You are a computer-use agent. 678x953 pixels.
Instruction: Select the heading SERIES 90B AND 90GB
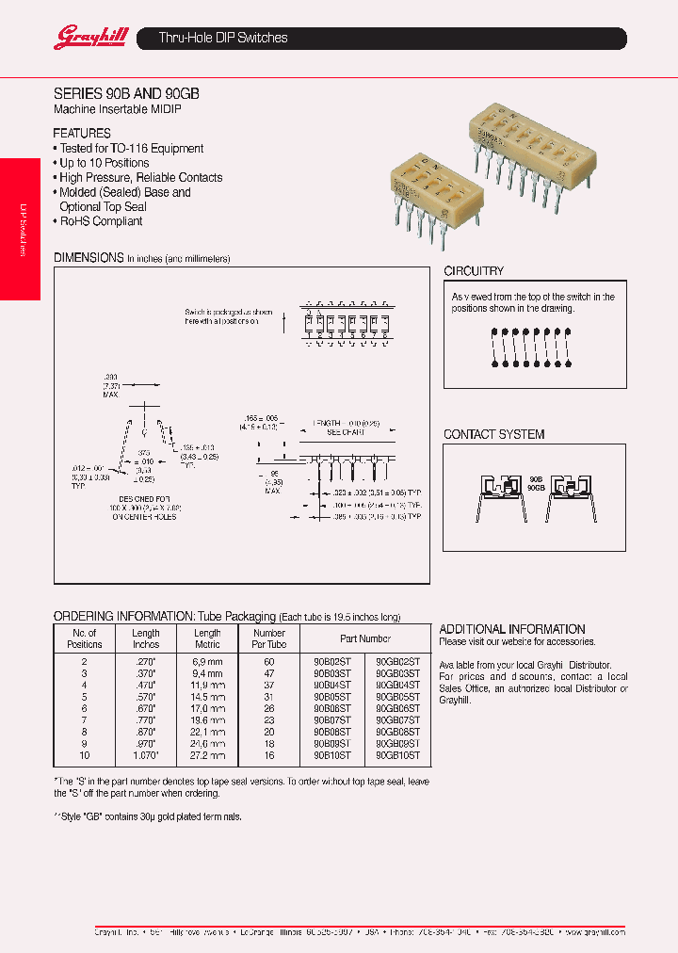[125, 94]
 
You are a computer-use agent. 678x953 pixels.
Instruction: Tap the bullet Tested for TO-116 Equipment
[131, 149]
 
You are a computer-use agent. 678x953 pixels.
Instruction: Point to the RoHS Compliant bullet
[101, 221]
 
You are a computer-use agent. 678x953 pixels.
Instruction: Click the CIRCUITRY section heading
[474, 271]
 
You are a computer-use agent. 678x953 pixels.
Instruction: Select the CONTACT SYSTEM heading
[494, 434]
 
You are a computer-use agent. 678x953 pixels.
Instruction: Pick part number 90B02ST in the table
[331, 662]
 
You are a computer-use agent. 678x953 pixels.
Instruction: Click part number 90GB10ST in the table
[397, 756]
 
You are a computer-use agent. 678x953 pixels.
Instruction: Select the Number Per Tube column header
[269, 639]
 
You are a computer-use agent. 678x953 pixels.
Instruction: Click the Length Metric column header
[207, 639]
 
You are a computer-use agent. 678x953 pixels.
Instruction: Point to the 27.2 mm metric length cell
[207, 756]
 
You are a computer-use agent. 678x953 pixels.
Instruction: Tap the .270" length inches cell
[146, 662]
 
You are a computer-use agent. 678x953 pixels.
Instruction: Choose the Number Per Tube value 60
[269, 662]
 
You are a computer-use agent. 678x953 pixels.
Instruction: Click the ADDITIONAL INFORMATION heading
[512, 629]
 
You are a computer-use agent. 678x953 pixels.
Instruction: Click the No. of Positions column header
[85, 639]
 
